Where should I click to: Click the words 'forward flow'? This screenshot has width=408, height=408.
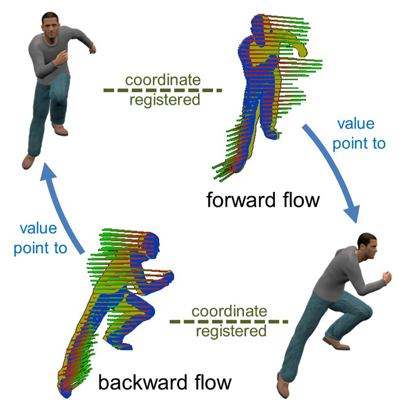[x=263, y=199]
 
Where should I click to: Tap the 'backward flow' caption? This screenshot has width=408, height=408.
[x=165, y=382]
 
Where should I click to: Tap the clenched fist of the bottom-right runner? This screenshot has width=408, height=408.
[x=386, y=276]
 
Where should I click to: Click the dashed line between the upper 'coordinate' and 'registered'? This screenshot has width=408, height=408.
[x=163, y=90]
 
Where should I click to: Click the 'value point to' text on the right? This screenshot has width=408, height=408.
[x=359, y=134]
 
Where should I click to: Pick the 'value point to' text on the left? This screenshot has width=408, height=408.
[x=40, y=238]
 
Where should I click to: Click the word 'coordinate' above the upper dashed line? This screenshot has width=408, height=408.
[x=163, y=80]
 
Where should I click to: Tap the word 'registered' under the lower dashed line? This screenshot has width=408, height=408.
[x=231, y=331]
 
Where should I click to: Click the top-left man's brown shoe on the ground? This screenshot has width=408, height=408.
[x=29, y=161]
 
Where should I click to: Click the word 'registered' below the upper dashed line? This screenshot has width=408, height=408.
[x=164, y=100]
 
